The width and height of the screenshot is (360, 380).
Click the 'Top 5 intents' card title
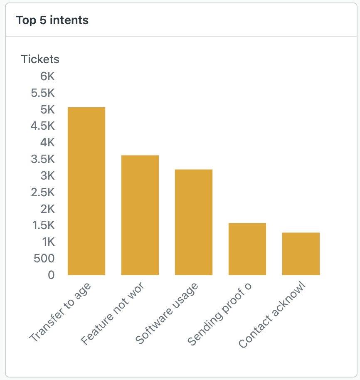(x=52, y=20)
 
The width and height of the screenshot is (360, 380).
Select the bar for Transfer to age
(x=86, y=191)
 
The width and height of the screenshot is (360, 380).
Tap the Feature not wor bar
(x=140, y=215)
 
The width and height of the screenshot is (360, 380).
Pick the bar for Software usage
(x=194, y=222)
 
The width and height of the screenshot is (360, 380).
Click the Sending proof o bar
(x=247, y=249)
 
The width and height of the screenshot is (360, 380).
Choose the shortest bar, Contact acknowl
(x=301, y=254)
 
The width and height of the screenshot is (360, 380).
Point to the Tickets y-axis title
(x=40, y=59)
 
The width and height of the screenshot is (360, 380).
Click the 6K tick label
(x=47, y=76)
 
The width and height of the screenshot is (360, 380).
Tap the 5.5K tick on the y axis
(x=43, y=93)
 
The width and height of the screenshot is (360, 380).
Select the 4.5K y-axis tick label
(x=43, y=126)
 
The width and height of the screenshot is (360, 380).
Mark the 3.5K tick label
(x=43, y=159)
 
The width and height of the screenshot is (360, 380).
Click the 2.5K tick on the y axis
(x=43, y=192)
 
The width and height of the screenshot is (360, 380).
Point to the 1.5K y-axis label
(x=43, y=225)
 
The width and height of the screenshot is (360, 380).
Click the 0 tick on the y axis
(x=51, y=275)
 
